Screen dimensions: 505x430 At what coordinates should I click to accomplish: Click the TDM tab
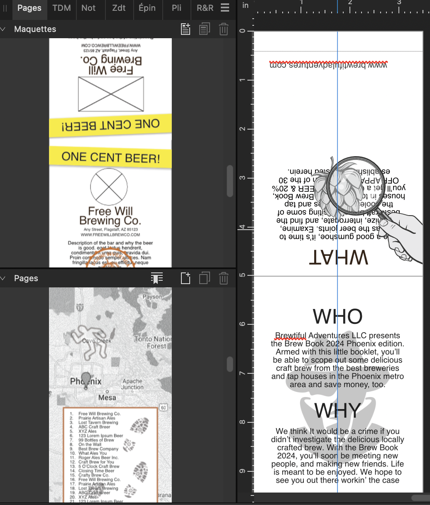coord(61,8)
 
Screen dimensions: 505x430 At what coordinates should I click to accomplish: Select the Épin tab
coord(147,8)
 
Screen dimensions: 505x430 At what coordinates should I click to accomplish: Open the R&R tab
coord(205,8)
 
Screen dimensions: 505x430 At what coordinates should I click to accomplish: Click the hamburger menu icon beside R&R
coord(225,7)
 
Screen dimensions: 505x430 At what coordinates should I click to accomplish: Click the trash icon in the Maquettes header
coord(223,29)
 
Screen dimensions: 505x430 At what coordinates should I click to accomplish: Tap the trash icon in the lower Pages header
coord(223,278)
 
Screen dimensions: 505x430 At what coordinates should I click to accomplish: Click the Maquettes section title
coord(35,29)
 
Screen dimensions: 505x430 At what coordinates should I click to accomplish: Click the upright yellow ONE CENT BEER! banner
coord(110,157)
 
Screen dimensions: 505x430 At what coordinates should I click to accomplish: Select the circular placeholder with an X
coord(109,186)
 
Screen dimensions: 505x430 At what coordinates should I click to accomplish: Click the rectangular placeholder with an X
coord(111,94)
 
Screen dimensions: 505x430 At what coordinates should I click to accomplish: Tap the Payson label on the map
coord(152,297)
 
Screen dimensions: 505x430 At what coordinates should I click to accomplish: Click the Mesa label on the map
coord(107,397)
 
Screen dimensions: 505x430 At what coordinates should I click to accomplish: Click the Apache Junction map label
coord(132,384)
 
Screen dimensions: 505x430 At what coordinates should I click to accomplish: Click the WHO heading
coord(337,316)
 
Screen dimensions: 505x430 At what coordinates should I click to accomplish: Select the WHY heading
coord(337,411)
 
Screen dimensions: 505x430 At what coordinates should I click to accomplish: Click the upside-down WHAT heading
coord(339,257)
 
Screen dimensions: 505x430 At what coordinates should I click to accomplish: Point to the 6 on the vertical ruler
coord(242,324)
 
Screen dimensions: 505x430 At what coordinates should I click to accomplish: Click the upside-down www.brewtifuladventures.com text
coord(328,65)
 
